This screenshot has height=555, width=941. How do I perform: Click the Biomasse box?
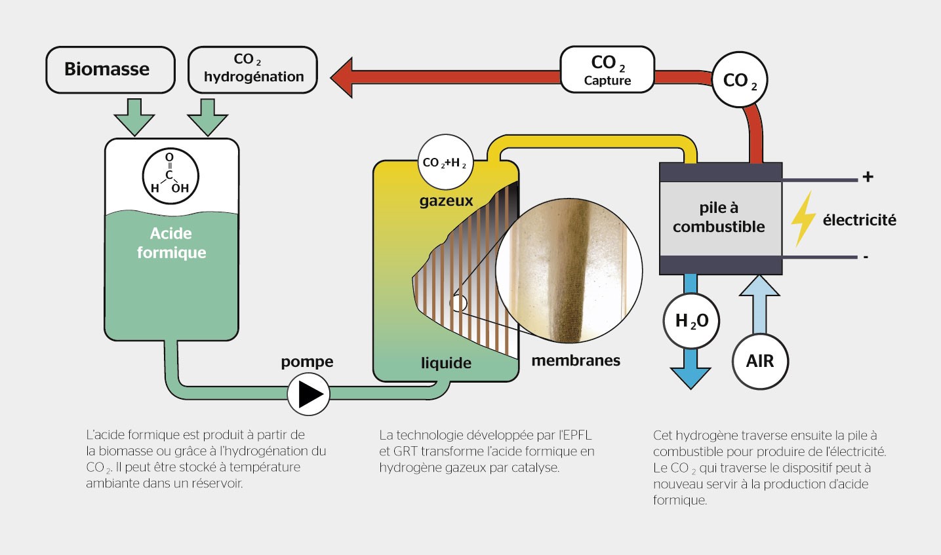coord(110,69)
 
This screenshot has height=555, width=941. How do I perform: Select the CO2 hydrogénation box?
coord(252,69)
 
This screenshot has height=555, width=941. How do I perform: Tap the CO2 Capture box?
coord(607,69)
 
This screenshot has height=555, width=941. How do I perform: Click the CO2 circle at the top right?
coord(739,80)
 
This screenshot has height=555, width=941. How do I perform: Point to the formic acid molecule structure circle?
coord(170,176)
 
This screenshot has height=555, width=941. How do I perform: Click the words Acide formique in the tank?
coord(171,243)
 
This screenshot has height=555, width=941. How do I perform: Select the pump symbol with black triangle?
coord(308,394)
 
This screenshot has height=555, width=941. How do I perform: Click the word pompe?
coord(307,362)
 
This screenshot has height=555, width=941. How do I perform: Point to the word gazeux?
coord(446,201)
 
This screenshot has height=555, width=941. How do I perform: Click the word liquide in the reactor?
coord(446,363)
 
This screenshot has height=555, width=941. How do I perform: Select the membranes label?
coord(575,360)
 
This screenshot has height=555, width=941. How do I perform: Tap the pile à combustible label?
coord(719,218)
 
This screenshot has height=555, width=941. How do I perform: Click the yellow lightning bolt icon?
coord(803,219)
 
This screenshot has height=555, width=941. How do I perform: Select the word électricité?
coord(859,220)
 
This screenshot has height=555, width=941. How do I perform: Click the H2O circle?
coord(691,321)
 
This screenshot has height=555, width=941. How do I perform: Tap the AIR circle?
coord(759,361)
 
